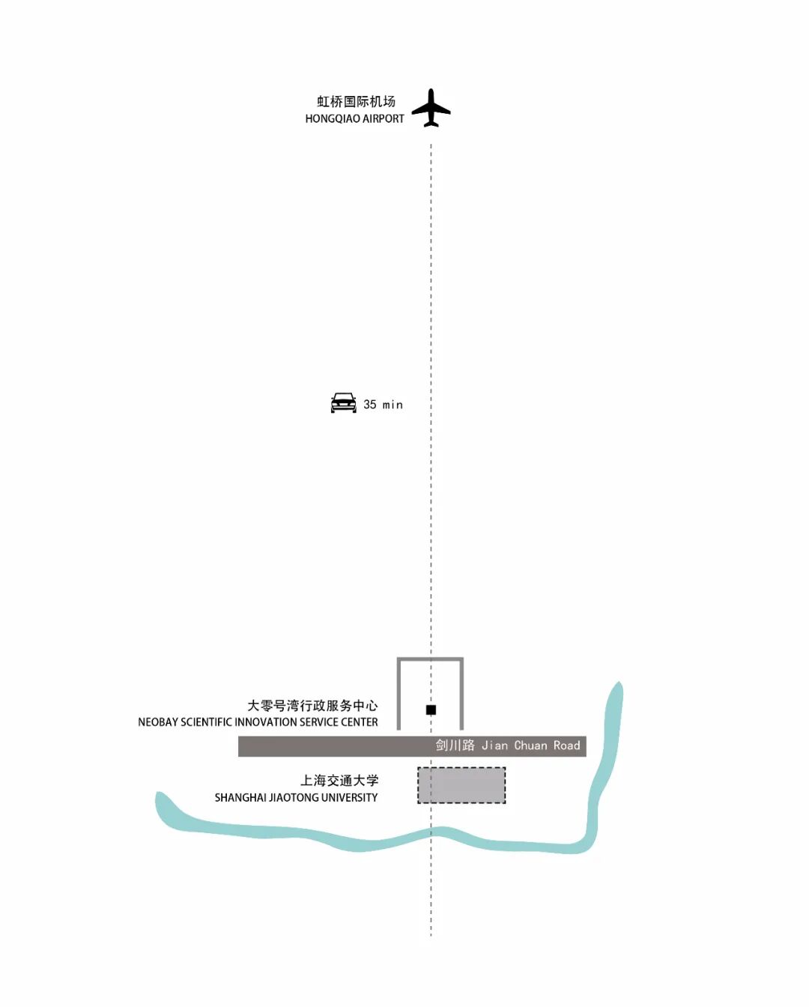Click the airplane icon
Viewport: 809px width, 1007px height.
tap(431, 109)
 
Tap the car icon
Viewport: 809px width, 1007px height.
tap(344, 403)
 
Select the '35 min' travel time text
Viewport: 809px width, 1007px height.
tap(383, 405)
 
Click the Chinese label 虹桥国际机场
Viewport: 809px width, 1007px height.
tap(356, 101)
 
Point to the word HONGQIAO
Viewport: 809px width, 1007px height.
tap(332, 118)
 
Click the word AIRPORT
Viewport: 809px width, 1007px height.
tap(383, 118)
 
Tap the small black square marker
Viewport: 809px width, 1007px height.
tap(431, 710)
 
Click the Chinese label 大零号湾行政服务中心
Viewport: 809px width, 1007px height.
tap(312, 706)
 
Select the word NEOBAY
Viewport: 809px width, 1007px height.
tap(157, 722)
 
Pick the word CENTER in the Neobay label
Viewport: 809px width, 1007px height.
tap(360, 722)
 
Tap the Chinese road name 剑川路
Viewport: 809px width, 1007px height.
tap(455, 746)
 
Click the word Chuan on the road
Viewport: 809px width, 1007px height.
tap(530, 746)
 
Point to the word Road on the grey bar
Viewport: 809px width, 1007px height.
tap(567, 746)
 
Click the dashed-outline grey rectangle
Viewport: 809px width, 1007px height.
tap(461, 785)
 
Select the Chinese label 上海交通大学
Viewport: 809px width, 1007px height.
tap(339, 781)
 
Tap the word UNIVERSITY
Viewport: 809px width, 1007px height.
tap(350, 798)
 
